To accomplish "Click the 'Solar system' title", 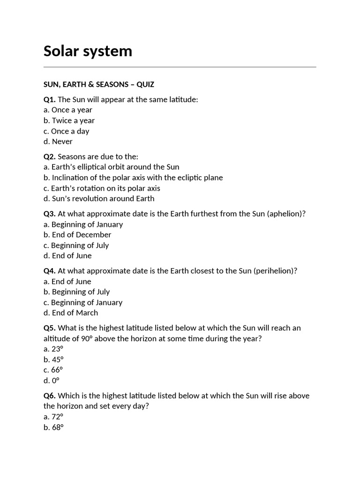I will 88,51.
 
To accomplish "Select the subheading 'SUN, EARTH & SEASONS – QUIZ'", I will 98,84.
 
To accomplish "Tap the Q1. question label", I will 49,99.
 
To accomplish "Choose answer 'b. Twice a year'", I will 69,120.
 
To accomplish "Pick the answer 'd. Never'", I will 58,142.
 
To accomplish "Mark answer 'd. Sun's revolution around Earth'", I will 98,199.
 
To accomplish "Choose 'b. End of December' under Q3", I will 77,235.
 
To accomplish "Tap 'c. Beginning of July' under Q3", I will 76,245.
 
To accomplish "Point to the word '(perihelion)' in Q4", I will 275,271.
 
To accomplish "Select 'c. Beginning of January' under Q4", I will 83,302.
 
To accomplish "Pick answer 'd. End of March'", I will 71,313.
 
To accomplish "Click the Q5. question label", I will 49,328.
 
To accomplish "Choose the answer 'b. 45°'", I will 53,360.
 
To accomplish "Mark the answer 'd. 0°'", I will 52,380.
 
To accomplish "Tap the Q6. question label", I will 49,396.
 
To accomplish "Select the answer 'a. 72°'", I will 53,416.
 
